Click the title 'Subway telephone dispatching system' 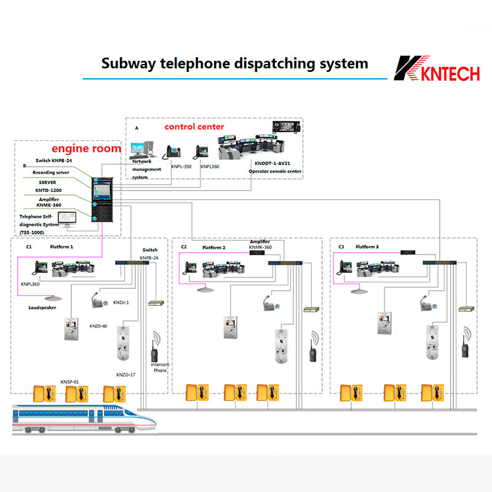coord(234,63)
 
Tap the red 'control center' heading coord(194,127)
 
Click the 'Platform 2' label coord(214,247)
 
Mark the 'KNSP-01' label coord(70,381)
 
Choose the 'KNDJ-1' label coord(121,303)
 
